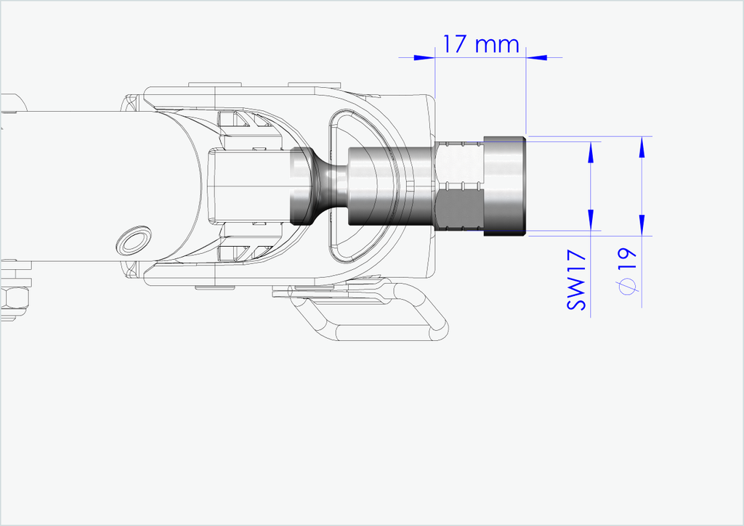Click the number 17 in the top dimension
pos(455,44)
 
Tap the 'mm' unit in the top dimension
pos(497,46)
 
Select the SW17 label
pos(576,281)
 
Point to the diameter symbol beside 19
pos(628,287)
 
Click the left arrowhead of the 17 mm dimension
pos(424,58)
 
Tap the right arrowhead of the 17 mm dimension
pos(536,58)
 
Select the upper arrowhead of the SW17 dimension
pos(591,152)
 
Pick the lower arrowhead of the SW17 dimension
pos(591,221)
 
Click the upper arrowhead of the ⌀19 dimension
pos(642,147)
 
